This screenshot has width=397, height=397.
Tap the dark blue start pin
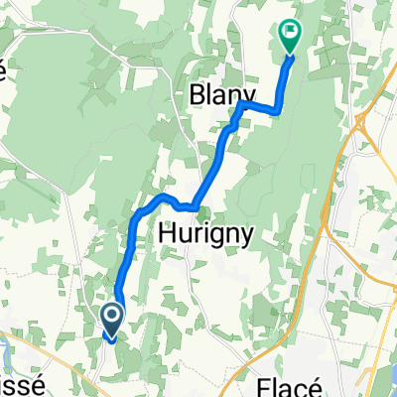(111, 319)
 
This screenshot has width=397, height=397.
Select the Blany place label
(217, 93)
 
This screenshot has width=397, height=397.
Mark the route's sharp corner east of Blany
(277, 110)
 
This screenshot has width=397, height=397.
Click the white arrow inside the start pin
(111, 318)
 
